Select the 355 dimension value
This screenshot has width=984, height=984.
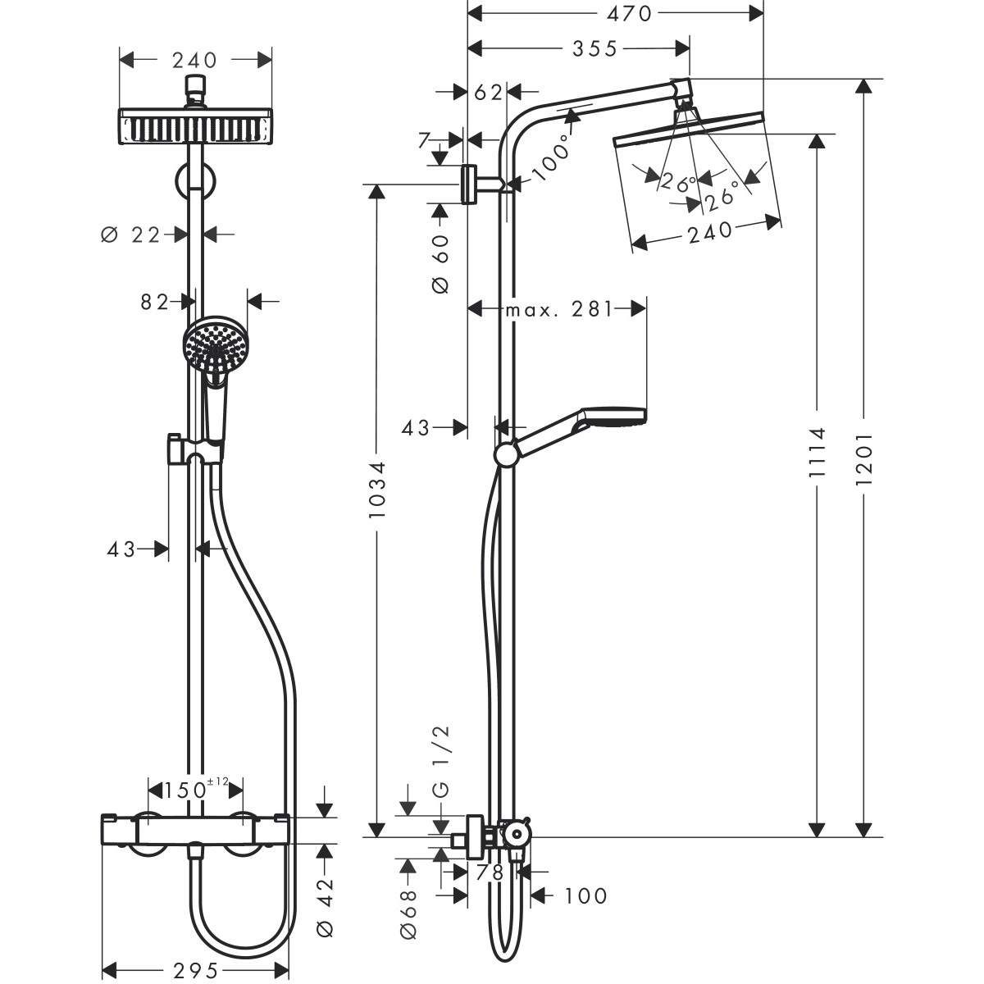coord(594,49)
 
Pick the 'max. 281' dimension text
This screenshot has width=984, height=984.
coord(558,309)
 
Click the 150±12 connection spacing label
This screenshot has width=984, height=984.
coord(194,790)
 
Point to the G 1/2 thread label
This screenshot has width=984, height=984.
coord(441,762)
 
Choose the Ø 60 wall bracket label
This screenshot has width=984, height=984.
coord(441,263)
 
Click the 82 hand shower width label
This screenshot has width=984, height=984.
coord(154,303)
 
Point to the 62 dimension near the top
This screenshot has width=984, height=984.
coord(488,93)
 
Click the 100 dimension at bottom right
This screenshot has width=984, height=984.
coord(585,896)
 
